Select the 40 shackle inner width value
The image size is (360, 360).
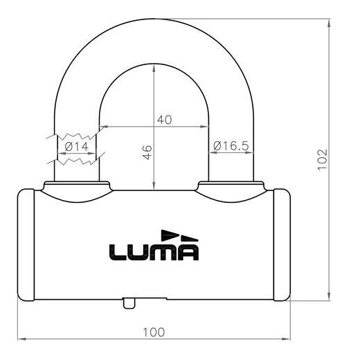coord(164,119)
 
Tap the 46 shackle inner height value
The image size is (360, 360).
coord(147,152)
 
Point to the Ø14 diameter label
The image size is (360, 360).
coord(75,147)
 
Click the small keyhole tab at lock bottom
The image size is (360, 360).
coord(129,303)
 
